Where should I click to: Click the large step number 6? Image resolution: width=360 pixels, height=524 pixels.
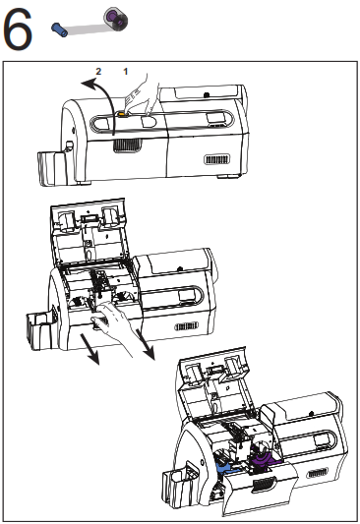point(18,29)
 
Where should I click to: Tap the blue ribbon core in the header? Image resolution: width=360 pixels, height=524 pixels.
point(59,29)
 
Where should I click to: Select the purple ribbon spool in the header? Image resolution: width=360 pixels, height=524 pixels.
point(116,18)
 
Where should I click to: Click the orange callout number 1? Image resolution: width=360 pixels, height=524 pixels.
point(126,71)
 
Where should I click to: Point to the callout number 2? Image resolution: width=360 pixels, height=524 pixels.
point(98,71)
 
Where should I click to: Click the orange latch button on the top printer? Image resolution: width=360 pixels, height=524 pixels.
point(122,115)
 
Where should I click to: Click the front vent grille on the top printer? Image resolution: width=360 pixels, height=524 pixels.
point(127,146)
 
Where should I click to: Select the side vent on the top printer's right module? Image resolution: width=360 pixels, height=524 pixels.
point(217,159)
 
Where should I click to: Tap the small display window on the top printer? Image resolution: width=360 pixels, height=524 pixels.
point(215,118)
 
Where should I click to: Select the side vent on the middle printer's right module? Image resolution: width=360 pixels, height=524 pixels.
point(187,326)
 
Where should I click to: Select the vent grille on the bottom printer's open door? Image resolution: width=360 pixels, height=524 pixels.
point(264,485)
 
